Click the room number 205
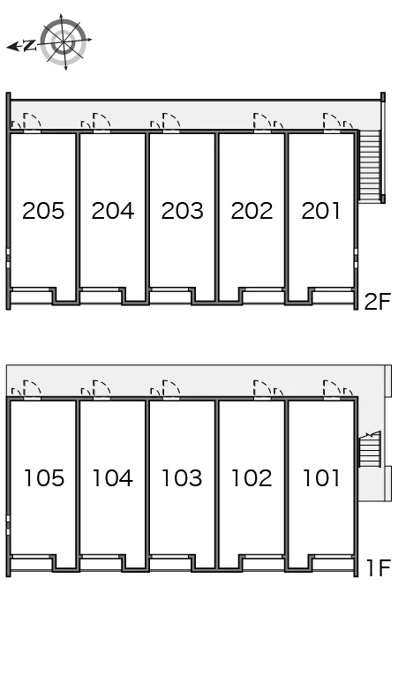pyautogui.click(x=43, y=211)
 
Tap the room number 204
pyautogui.click(x=113, y=211)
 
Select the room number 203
pyautogui.click(x=182, y=211)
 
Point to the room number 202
pyautogui.click(x=252, y=211)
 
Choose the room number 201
pyautogui.click(x=320, y=211)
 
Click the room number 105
pyautogui.click(x=44, y=478)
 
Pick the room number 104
pyautogui.click(x=113, y=478)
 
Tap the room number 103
pyautogui.click(x=182, y=478)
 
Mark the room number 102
pyautogui.click(x=252, y=478)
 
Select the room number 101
pyautogui.click(x=321, y=478)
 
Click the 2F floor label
pyautogui.click(x=377, y=302)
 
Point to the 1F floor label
pyautogui.click(x=378, y=567)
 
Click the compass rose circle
pyautogui.click(x=64, y=42)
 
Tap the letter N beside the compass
pyautogui.click(x=30, y=45)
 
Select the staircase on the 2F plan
pyautogui.click(x=370, y=166)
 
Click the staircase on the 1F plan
pyautogui.click(x=370, y=449)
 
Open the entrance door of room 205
pyautogui.click(x=32, y=122)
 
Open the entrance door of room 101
pyautogui.click(x=332, y=389)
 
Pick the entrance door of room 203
pyautogui.click(x=171, y=122)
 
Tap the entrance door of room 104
pyautogui.click(x=101, y=389)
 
